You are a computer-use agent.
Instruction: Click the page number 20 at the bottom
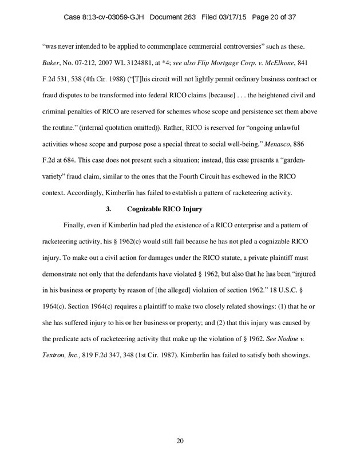click(x=180, y=440)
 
